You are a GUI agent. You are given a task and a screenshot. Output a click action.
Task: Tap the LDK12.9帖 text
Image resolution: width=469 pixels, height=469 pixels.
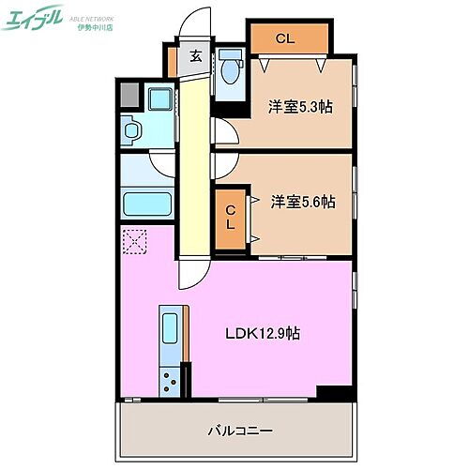click(261, 333)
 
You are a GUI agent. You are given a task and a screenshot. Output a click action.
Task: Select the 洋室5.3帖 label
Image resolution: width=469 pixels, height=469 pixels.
click(299, 107)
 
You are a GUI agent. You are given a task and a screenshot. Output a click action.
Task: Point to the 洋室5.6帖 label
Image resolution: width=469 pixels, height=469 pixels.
click(303, 202)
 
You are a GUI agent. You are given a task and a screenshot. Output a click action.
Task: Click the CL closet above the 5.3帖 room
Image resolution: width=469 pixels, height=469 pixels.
click(288, 38)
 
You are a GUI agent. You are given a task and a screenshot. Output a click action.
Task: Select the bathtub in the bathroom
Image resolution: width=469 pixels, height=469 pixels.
click(147, 204)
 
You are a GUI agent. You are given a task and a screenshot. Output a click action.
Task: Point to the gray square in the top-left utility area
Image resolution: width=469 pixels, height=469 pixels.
click(129, 95)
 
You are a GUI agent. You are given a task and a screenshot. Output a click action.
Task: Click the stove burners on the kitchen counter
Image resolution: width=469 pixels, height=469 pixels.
click(171, 380)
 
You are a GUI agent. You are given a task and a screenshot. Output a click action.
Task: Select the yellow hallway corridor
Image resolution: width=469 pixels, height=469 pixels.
click(191, 159)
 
